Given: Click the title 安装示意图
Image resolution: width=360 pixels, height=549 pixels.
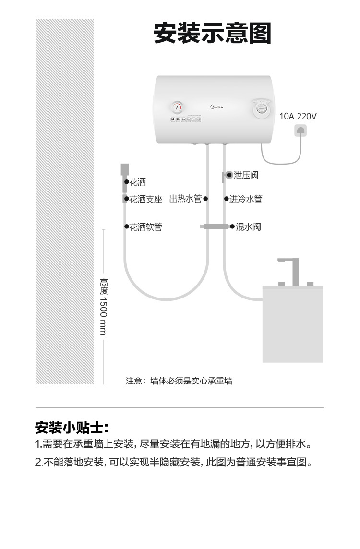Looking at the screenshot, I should (213, 34).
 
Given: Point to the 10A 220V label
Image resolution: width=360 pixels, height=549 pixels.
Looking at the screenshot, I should (298, 116).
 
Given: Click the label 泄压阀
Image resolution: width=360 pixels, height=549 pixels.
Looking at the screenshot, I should (246, 175).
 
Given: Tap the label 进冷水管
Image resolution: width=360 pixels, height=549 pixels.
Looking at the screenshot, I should (246, 199).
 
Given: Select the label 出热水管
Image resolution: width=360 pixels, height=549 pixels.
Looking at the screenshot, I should (185, 199).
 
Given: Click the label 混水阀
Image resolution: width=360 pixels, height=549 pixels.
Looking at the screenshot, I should (248, 227).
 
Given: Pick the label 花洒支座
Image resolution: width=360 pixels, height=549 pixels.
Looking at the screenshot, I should (146, 199).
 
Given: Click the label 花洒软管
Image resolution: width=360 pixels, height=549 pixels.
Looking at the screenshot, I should (146, 227).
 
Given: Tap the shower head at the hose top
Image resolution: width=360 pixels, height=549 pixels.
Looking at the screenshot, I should (125, 169).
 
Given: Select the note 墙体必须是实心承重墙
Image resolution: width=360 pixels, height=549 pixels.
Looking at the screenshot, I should (179, 381).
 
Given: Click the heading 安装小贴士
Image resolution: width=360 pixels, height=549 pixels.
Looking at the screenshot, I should (72, 427).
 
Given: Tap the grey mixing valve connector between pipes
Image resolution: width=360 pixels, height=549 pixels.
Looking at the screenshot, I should (216, 226).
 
